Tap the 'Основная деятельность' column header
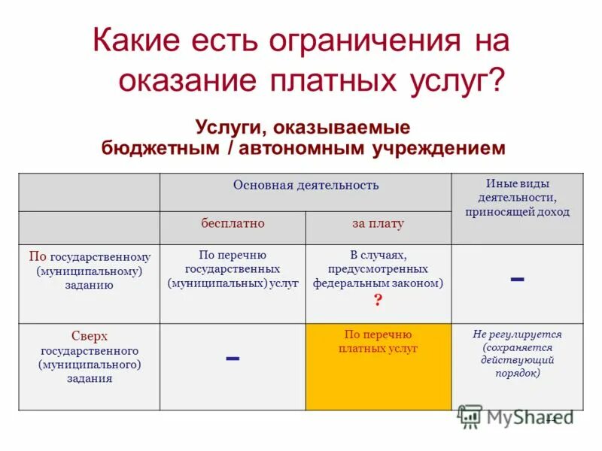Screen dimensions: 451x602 306,185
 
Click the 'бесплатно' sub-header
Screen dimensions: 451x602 232,223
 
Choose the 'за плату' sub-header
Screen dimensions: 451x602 378,223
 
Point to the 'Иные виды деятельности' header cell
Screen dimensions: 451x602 517,198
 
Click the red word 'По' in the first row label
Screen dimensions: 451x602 38,256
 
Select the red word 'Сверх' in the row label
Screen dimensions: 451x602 90,337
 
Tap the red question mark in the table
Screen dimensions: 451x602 378,299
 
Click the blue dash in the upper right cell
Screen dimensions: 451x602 517,279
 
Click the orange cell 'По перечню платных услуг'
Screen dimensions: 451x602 378,366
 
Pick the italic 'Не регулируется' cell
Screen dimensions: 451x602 517,353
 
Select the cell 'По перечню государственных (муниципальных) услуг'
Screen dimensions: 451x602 233,270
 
